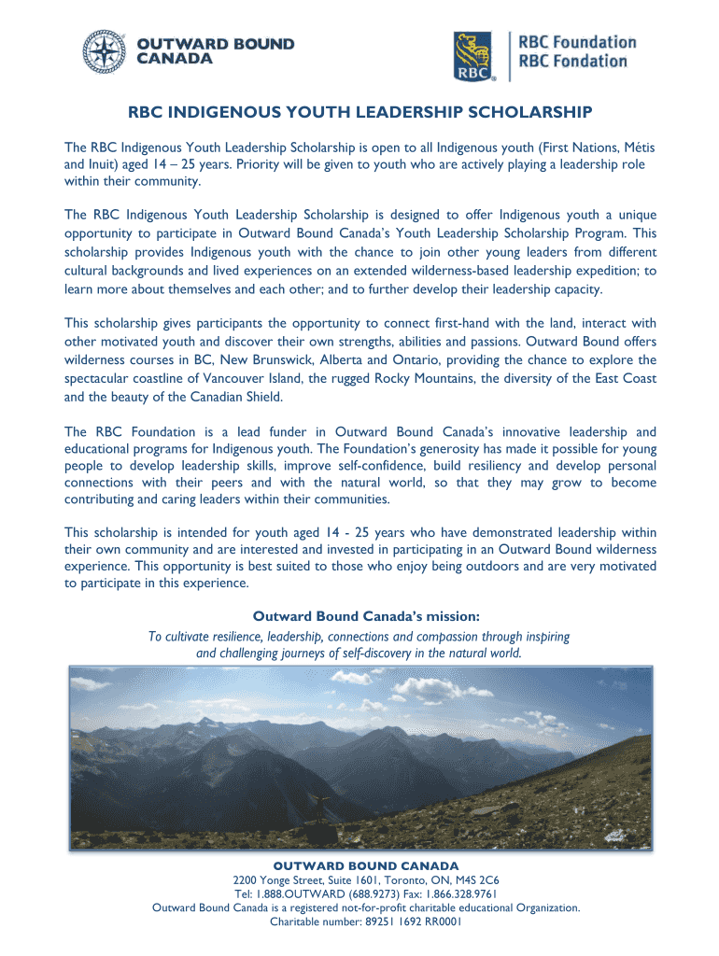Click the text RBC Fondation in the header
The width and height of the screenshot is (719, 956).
point(572,62)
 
